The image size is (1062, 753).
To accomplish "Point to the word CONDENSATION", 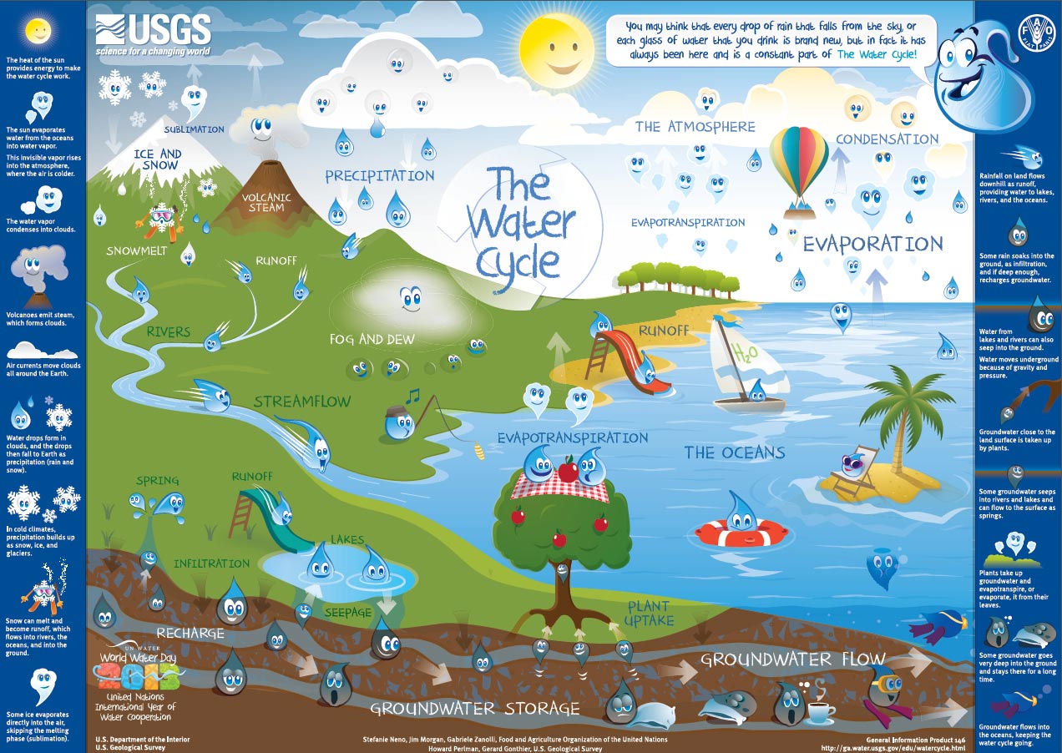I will pyautogui.click(x=887, y=139).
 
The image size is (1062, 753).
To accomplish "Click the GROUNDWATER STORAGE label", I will pyautogui.click(x=474, y=709).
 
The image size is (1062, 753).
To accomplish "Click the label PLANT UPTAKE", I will pyautogui.click(x=650, y=613).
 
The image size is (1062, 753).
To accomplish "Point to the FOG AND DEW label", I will pyautogui.click(x=372, y=340).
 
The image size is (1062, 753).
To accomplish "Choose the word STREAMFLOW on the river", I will pyautogui.click(x=302, y=402).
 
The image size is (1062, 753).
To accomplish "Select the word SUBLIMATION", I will pyautogui.click(x=194, y=129).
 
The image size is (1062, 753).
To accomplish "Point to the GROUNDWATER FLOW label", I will pyautogui.click(x=792, y=660).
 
